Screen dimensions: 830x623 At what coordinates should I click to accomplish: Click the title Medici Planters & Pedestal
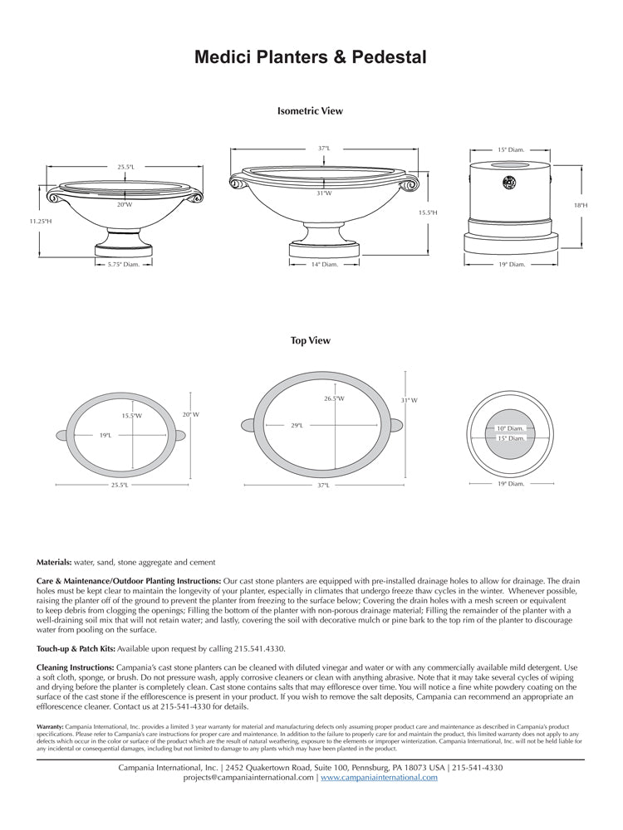(311, 57)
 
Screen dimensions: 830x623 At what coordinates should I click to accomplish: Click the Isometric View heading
(310, 110)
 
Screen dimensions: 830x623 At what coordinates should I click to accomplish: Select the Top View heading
(311, 340)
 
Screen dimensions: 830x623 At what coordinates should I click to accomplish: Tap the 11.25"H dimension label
(41, 222)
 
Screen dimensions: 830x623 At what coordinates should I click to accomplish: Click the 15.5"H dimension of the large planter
(428, 213)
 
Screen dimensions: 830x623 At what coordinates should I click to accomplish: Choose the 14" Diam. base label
(324, 265)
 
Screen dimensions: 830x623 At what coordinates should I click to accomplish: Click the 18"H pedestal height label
(580, 204)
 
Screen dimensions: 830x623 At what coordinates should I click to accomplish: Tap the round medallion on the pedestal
(509, 182)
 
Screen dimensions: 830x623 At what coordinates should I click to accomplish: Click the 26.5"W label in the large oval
(335, 398)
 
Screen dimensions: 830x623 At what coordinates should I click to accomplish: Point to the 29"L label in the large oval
(297, 426)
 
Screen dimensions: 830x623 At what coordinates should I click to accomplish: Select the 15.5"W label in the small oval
(131, 416)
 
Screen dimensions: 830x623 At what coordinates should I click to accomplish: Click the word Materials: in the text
(54, 562)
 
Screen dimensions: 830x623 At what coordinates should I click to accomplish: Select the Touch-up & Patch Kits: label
(80, 647)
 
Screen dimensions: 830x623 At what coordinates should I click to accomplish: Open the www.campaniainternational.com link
(379, 778)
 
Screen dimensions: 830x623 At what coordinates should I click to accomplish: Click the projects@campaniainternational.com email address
(248, 778)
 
